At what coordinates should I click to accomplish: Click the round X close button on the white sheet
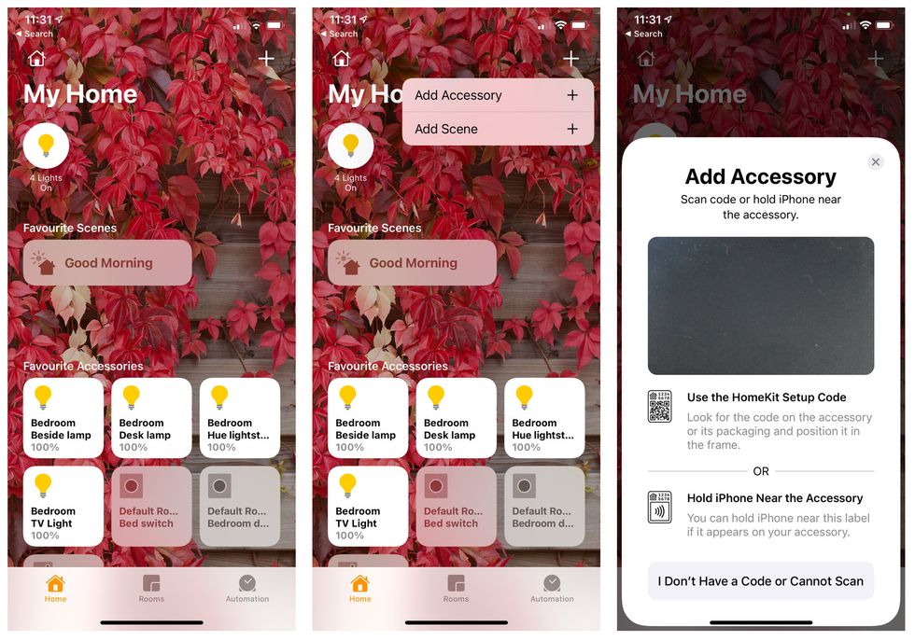pos(875,162)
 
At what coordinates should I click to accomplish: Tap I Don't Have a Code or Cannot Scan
pos(760,580)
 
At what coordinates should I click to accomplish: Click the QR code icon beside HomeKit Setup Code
pos(659,406)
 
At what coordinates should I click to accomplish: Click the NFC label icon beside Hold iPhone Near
pos(659,507)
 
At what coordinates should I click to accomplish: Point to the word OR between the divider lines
pos(761,471)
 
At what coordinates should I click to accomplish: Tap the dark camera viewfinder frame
pos(760,305)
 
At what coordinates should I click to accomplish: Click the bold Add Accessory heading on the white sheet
pos(760,176)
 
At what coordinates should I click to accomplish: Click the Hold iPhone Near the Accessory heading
pos(774,498)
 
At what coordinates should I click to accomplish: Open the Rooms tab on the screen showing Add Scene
pos(456,588)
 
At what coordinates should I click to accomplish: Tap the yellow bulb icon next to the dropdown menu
pos(351,145)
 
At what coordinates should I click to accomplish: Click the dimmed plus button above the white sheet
pos(875,60)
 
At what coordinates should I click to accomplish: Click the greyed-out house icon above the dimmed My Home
pos(646,59)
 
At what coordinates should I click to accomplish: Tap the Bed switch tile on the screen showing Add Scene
pos(456,506)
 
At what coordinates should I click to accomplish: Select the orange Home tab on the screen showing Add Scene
pos(359,588)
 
